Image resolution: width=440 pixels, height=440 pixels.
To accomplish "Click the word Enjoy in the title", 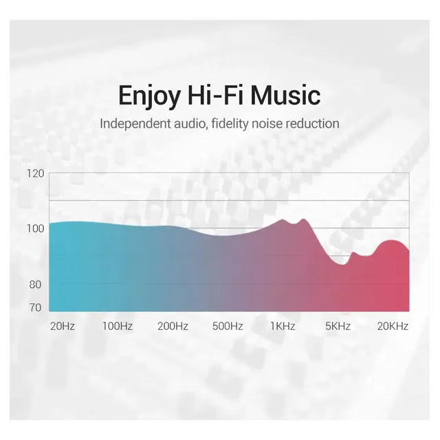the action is click(149, 96).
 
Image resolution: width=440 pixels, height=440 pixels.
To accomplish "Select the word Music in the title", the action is click(286, 95).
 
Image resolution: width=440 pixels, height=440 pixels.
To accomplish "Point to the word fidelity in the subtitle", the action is click(230, 124).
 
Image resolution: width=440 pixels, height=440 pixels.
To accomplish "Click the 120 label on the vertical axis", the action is click(36, 174).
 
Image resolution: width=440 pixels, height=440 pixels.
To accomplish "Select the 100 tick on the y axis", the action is click(36, 229).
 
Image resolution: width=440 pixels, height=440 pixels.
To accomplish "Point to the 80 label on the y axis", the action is click(35, 285).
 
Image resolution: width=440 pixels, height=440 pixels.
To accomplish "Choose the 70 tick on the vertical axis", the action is click(35, 308).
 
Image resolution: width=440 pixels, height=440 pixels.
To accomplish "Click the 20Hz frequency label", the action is click(63, 327).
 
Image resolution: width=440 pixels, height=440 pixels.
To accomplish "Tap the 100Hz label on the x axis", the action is click(118, 327).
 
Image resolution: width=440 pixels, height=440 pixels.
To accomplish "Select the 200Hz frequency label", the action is click(173, 327).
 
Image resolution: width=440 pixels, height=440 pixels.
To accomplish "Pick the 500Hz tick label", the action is click(228, 327).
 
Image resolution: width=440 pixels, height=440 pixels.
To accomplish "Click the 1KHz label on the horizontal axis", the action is click(283, 327).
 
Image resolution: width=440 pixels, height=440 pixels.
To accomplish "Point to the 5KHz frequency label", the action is click(338, 327).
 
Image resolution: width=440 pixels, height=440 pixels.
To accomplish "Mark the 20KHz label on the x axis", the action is click(393, 327).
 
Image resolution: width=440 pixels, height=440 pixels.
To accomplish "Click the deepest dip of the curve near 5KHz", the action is click(342, 264).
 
